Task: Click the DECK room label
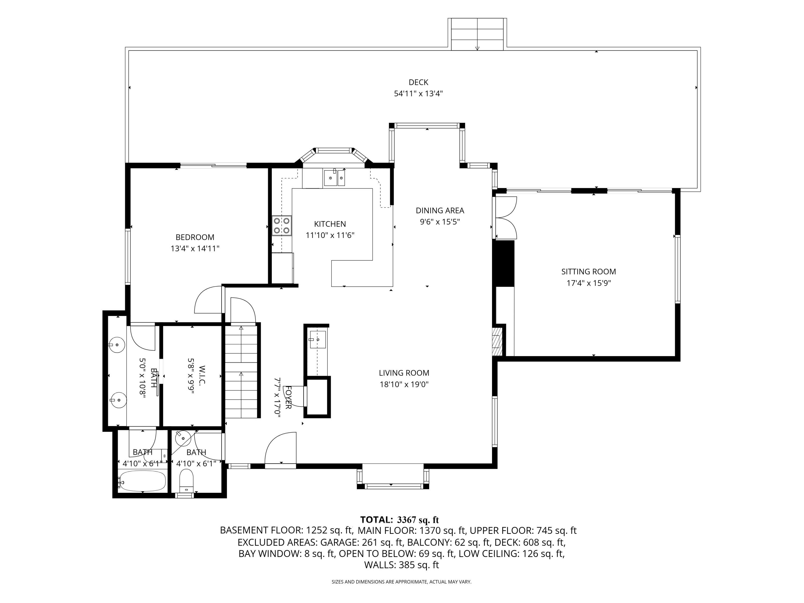click(418, 82)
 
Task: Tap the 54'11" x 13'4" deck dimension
click(418, 94)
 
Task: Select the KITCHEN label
click(330, 224)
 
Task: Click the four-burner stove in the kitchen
click(282, 226)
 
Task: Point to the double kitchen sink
click(334, 178)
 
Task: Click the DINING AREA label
click(440, 210)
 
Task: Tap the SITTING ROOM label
click(589, 271)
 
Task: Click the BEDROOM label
click(195, 237)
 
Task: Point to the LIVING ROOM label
click(404, 373)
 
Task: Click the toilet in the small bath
click(187, 480)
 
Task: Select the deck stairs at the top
click(477, 34)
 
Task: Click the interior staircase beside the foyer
click(241, 371)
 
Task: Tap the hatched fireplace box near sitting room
click(497, 341)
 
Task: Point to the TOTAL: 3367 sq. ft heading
click(400, 520)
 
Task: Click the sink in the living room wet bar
click(317, 340)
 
